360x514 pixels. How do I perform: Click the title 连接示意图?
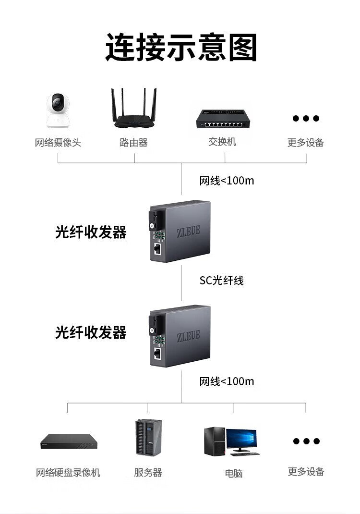pyautogui.click(x=181, y=47)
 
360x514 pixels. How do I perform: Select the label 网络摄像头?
pyautogui.click(x=58, y=142)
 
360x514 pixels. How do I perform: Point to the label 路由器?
pyautogui.click(x=133, y=142)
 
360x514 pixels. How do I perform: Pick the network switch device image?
pyautogui.click(x=222, y=118)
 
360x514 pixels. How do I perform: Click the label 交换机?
pyautogui.click(x=222, y=142)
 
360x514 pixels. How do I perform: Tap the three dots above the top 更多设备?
pyautogui.click(x=306, y=118)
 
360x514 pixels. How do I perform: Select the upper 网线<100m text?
pyautogui.click(x=227, y=181)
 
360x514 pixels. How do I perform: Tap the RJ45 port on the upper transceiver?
pyautogui.click(x=157, y=248)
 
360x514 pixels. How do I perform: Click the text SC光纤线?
pyautogui.click(x=221, y=281)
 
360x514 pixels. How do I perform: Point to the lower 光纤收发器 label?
pyautogui.click(x=91, y=332)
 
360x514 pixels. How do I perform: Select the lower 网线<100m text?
pyautogui.click(x=227, y=381)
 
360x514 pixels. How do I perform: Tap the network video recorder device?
pyautogui.click(x=68, y=441)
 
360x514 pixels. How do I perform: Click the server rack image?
pyautogui.click(x=148, y=437)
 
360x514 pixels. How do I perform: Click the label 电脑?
pyautogui.click(x=234, y=473)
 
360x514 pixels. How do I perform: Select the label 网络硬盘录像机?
pyautogui.click(x=68, y=473)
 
